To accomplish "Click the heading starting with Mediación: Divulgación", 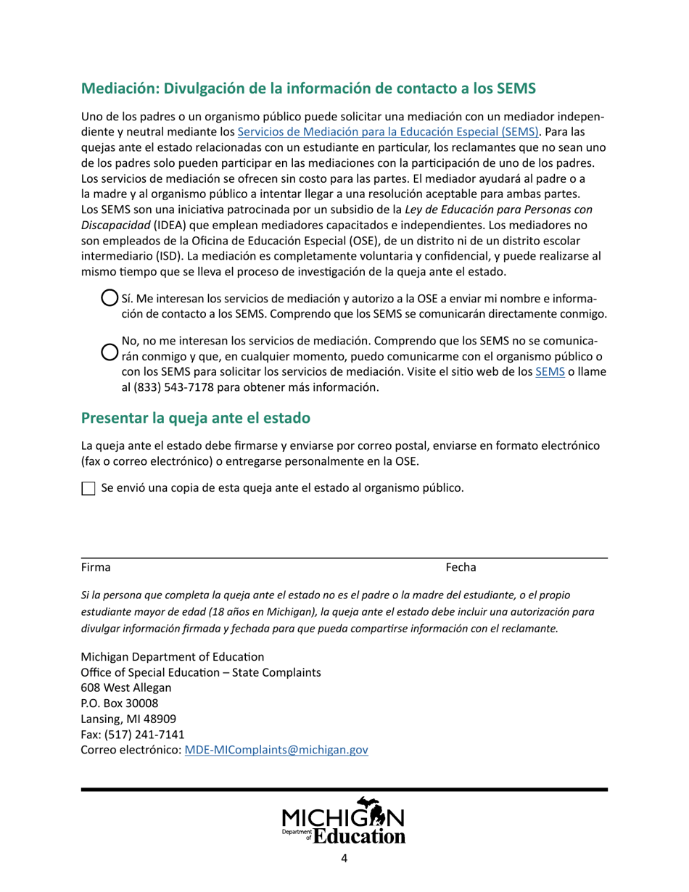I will coord(308,89).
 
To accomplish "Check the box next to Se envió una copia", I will coord(88,489).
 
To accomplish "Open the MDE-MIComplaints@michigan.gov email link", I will coord(276,751).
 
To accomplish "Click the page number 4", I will coord(344,859).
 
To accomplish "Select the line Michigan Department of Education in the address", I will coord(172,656).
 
